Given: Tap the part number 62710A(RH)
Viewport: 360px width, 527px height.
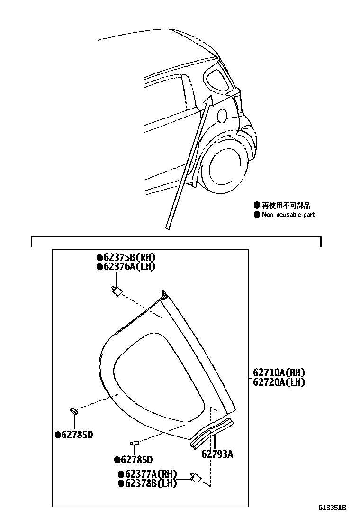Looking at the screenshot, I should pyautogui.click(x=279, y=373).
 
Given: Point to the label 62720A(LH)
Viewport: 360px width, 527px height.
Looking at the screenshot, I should pyautogui.click(x=279, y=382).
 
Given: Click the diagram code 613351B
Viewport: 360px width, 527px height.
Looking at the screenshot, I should pyautogui.click(x=332, y=508).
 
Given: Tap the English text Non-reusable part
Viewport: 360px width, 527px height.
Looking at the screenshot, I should pyautogui.click(x=288, y=214).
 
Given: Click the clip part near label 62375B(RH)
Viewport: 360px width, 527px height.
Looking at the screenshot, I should pyautogui.click(x=116, y=291).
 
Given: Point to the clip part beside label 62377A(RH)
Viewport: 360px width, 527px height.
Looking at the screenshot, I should pyautogui.click(x=195, y=478).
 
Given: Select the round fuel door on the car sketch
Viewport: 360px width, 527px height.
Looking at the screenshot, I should pyautogui.click(x=221, y=115).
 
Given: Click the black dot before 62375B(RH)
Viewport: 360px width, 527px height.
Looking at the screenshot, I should pyautogui.click(x=99, y=258).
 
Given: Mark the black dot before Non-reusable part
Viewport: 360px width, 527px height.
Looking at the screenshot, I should pyautogui.click(x=257, y=214).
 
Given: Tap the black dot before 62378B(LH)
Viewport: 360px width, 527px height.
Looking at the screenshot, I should pyautogui.click(x=121, y=483).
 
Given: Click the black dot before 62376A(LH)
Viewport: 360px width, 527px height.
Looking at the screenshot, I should pyautogui.click(x=99, y=267).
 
